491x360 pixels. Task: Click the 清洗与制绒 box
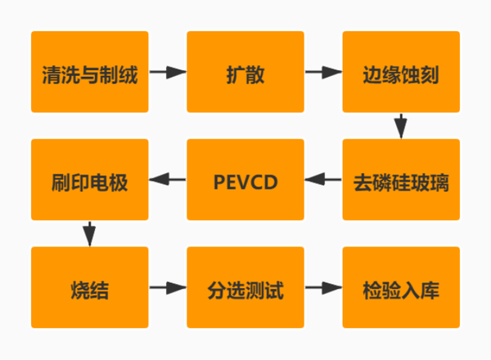pyautogui.click(x=90, y=72)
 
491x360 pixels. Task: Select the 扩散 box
pyautogui.click(x=245, y=72)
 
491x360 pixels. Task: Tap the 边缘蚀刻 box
pyautogui.click(x=401, y=72)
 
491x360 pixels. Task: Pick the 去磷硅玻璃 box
pyautogui.click(x=401, y=180)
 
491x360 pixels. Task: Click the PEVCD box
pyautogui.click(x=245, y=180)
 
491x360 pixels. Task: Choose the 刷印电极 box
pyautogui.click(x=90, y=180)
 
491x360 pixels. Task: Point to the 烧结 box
pyautogui.click(x=90, y=288)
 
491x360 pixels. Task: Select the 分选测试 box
pyautogui.click(x=245, y=288)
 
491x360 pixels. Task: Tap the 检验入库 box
pyautogui.click(x=401, y=288)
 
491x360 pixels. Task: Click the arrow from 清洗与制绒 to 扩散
pyautogui.click(x=168, y=72)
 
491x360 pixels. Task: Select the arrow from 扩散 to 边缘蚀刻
pyautogui.click(x=323, y=72)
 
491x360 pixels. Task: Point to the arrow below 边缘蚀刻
pyautogui.click(x=400, y=126)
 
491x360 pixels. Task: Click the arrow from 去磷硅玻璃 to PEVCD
pyautogui.click(x=323, y=179)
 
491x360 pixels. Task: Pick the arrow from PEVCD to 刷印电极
pyautogui.click(x=168, y=179)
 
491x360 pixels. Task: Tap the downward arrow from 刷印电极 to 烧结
pyautogui.click(x=89, y=233)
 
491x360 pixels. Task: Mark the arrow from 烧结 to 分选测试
pyautogui.click(x=168, y=288)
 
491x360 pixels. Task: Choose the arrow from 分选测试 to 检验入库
pyautogui.click(x=323, y=288)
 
